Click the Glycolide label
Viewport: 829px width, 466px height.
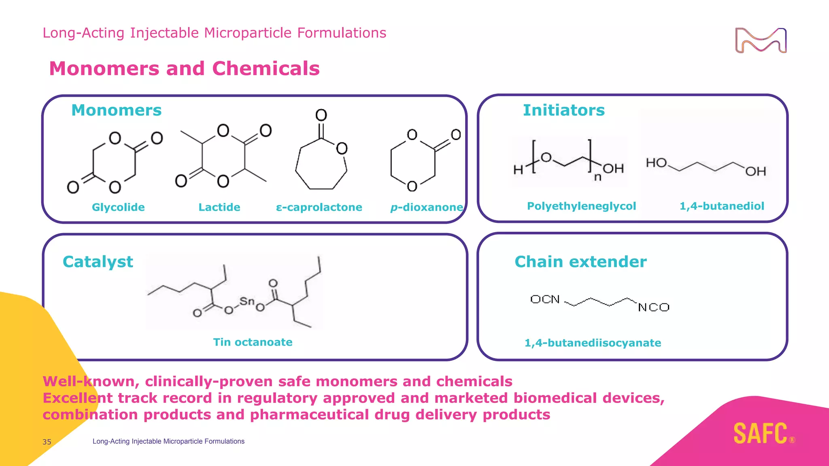click(x=118, y=207)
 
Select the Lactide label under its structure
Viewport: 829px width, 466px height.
click(x=219, y=207)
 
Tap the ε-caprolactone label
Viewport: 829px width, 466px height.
click(x=319, y=207)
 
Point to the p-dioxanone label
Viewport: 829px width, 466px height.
click(x=426, y=207)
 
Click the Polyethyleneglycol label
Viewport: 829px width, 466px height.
click(x=581, y=206)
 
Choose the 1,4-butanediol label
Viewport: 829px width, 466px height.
click(x=722, y=206)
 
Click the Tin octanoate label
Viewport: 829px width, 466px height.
click(x=253, y=342)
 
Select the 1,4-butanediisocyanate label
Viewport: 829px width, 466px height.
click(x=593, y=343)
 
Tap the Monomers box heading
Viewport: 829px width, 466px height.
click(x=116, y=110)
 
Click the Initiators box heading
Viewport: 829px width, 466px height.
click(x=563, y=110)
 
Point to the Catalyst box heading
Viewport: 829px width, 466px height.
click(x=98, y=262)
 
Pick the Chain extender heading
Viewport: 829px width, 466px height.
click(x=580, y=262)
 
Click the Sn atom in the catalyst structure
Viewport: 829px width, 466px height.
click(x=247, y=301)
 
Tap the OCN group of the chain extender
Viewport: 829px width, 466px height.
click(x=545, y=299)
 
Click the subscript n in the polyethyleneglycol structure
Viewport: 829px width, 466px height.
click(x=597, y=177)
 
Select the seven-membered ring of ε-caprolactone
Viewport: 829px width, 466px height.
click(x=321, y=166)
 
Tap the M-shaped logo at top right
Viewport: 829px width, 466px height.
click(x=761, y=40)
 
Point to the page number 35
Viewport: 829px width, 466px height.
click(x=47, y=442)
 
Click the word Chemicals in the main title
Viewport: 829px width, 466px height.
click(x=266, y=68)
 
